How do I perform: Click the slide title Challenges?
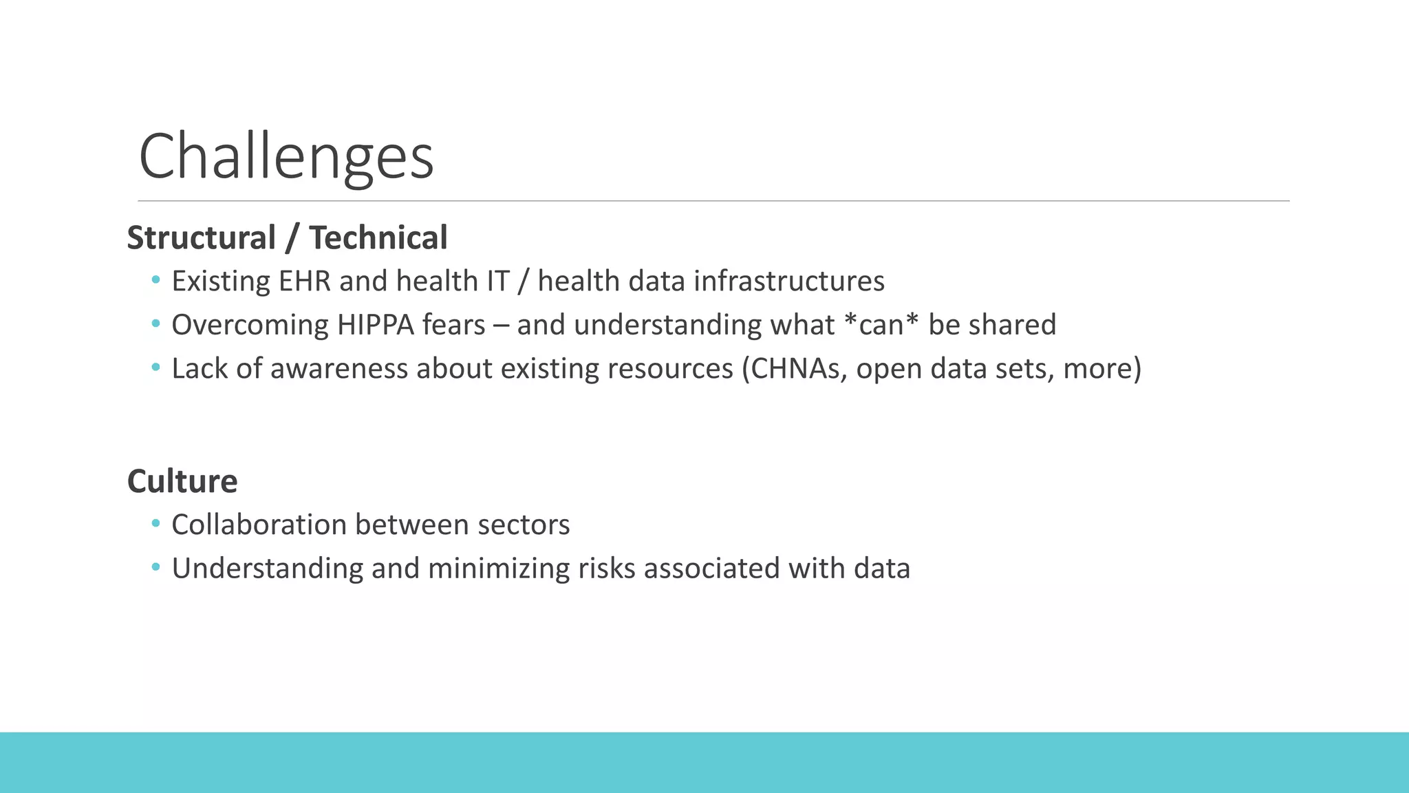[286, 157]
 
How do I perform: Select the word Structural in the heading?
[201, 238]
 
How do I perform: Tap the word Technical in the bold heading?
[378, 238]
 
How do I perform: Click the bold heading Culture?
[182, 481]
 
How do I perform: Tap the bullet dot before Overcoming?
[155, 324]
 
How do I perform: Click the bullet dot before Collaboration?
[155, 524]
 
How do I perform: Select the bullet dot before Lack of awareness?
[155, 368]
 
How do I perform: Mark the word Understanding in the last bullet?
[267, 569]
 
